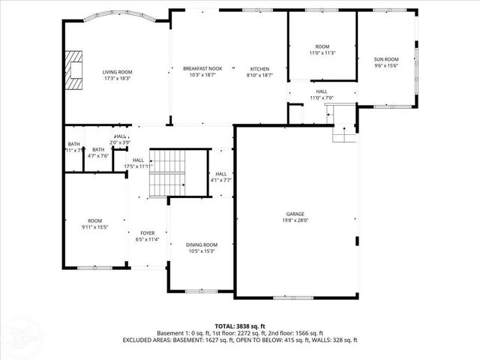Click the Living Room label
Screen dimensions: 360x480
116,72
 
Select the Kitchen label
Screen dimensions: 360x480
259,68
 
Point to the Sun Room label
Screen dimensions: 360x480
386,59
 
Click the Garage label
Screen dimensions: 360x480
295,214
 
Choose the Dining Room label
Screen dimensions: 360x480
202,244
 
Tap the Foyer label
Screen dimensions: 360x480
147,233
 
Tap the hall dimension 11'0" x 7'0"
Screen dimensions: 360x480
322,97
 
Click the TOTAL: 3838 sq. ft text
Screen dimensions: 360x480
240,325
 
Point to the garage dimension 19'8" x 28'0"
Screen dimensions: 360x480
295,220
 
